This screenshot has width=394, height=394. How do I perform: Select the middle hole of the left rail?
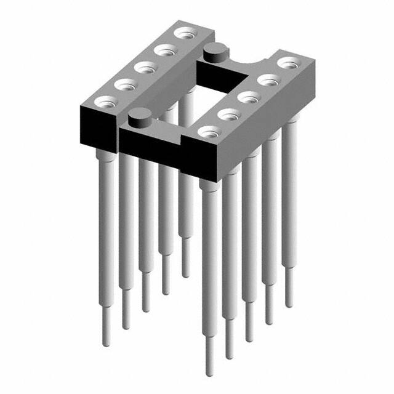144,66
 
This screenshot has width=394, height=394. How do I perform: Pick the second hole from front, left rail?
125,84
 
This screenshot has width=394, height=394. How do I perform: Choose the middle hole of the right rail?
249,96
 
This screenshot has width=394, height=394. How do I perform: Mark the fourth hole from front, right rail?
268,79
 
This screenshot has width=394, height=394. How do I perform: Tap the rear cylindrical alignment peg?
215,50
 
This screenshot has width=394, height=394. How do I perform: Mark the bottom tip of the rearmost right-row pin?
288,304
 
